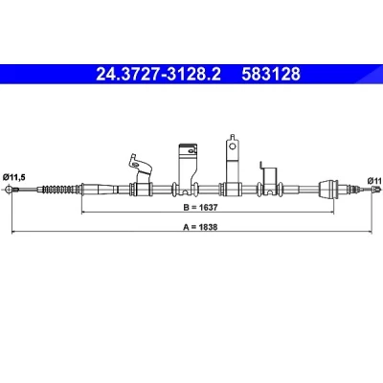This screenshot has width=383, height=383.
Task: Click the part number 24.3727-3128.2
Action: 158,74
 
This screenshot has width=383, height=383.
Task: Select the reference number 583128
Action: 271,74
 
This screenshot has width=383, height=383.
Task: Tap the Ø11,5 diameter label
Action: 13,177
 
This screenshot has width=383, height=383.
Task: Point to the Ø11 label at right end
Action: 374,181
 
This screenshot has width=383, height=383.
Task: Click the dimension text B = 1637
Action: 200,208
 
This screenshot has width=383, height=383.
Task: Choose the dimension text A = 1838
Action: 200,227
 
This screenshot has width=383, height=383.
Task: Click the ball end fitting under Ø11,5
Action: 10,190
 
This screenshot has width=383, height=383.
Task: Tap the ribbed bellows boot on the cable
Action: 60,190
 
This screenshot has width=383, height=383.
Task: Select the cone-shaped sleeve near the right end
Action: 328,189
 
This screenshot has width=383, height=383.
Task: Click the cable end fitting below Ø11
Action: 376,190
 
